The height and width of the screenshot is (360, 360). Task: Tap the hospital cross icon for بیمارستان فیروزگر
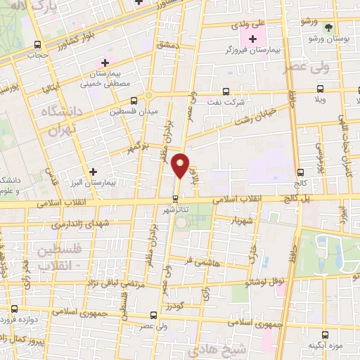[252, 37]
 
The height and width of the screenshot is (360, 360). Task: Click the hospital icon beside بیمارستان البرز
[93, 171]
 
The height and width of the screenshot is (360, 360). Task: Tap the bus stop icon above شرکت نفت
[225, 91]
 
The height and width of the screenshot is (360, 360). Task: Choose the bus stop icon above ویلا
[321, 89]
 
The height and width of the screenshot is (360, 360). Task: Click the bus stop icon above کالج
[300, 172]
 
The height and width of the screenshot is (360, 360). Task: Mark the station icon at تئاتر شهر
[175, 198]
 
